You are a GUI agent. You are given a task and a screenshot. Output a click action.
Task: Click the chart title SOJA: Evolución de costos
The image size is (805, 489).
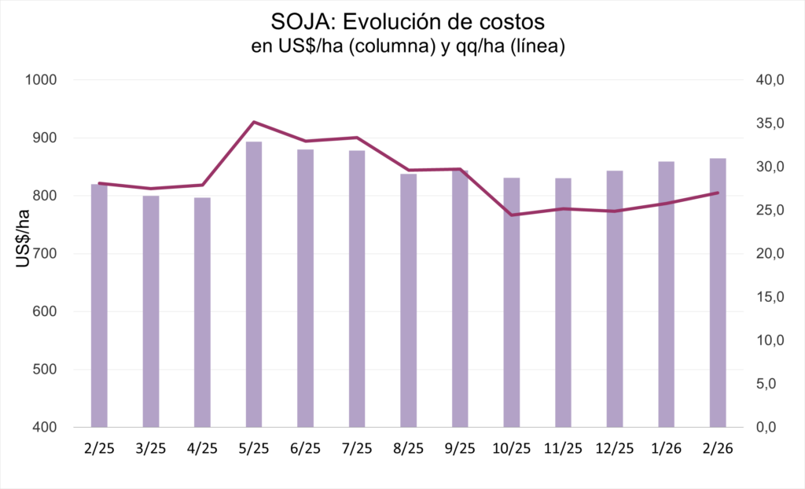(408, 18)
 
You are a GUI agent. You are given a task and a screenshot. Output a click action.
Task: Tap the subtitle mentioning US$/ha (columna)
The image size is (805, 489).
(408, 46)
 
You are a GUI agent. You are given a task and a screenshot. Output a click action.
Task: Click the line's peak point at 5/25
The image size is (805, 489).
(254, 122)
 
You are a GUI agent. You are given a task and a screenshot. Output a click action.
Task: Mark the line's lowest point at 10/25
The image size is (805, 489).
(511, 215)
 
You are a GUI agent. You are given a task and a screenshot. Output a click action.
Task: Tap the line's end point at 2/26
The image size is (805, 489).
(718, 193)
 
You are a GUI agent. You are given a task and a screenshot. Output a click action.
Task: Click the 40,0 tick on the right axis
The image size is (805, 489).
(770, 80)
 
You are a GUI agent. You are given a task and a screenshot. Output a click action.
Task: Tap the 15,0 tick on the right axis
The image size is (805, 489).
(770, 297)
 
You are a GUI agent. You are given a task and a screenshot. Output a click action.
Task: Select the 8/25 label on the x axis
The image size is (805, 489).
(409, 449)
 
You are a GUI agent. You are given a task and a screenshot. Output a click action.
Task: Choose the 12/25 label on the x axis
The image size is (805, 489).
(615, 449)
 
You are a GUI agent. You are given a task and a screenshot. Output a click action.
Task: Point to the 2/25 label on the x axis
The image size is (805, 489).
(99, 449)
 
